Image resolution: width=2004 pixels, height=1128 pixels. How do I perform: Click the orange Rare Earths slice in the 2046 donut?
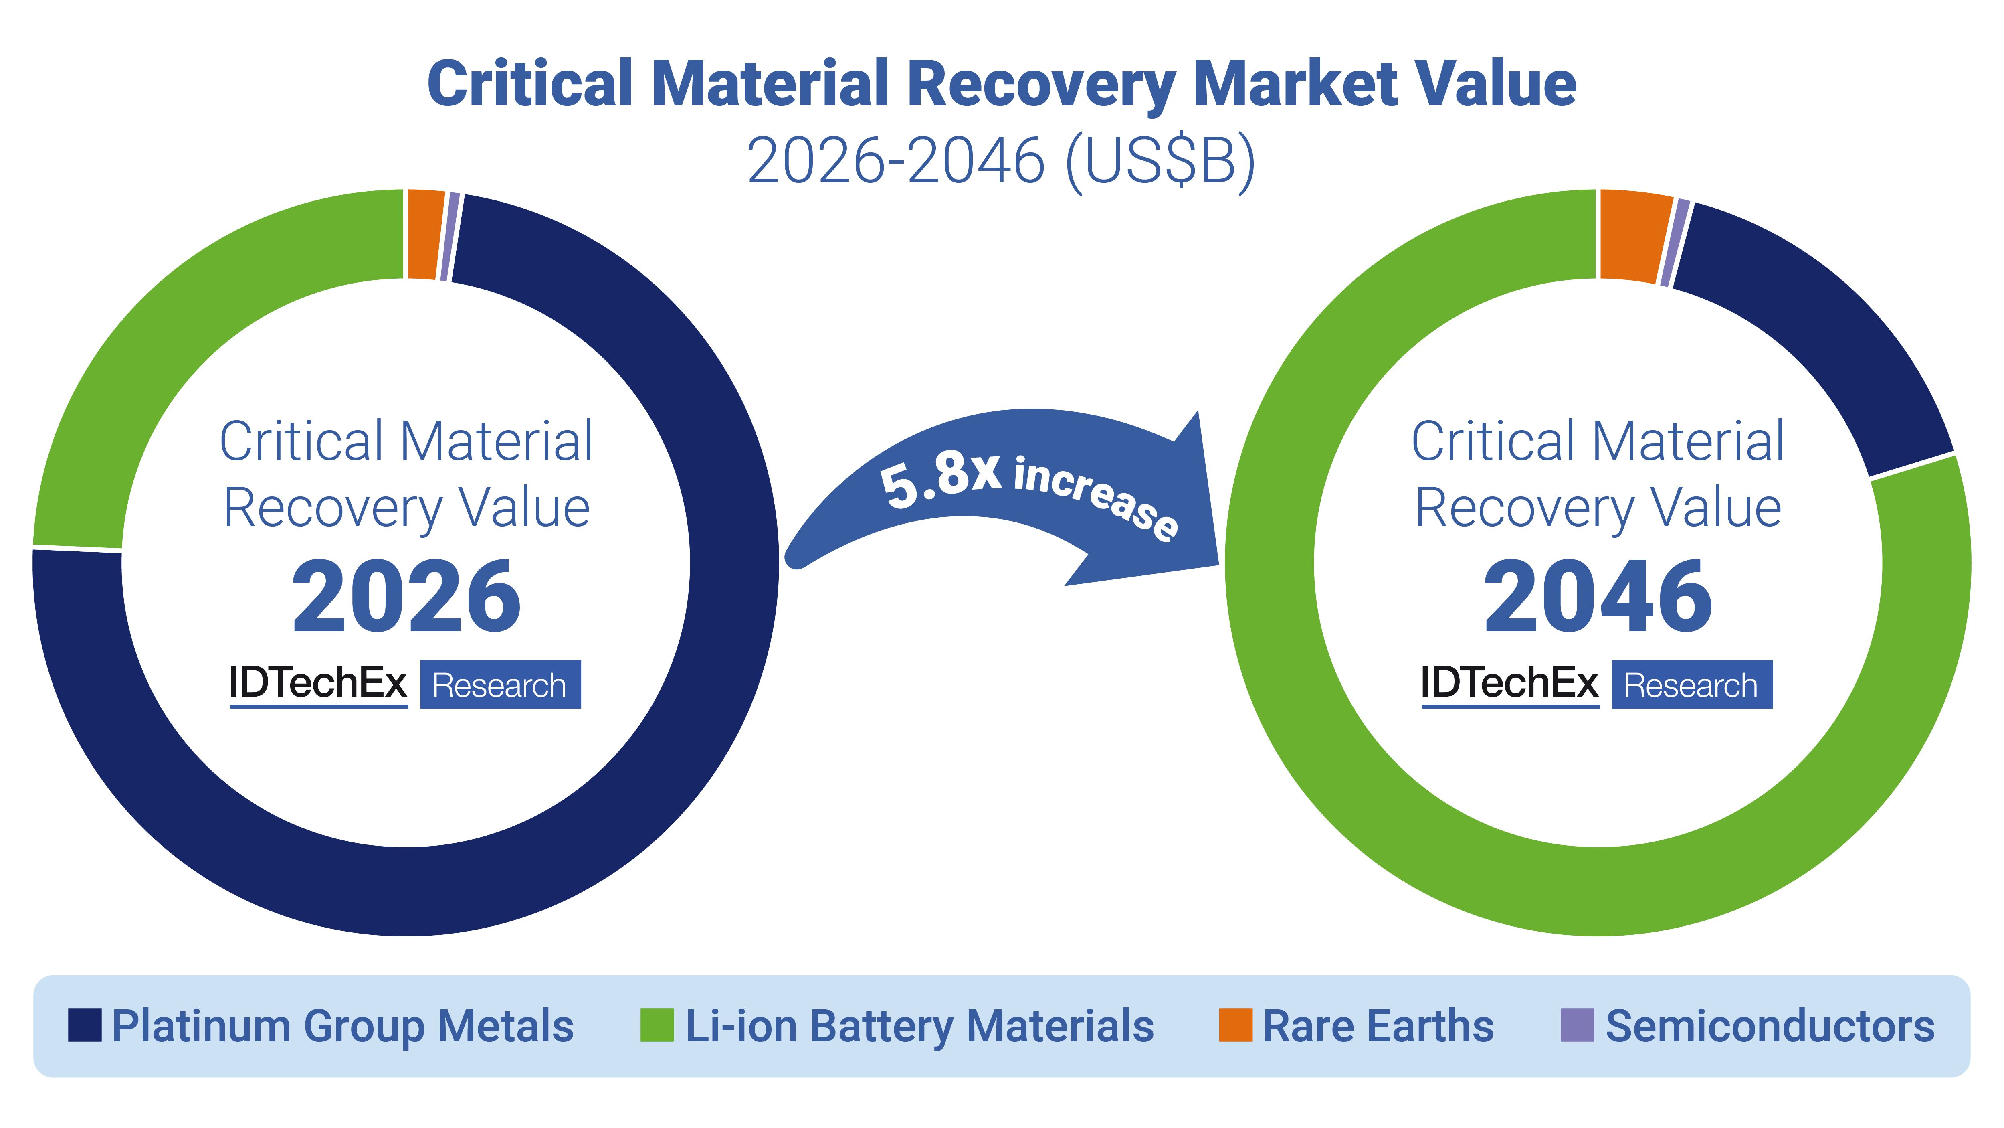coord(1634,236)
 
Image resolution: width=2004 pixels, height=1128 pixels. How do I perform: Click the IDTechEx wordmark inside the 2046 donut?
coord(1509,683)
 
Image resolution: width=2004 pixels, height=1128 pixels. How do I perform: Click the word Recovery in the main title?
coord(1042,84)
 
